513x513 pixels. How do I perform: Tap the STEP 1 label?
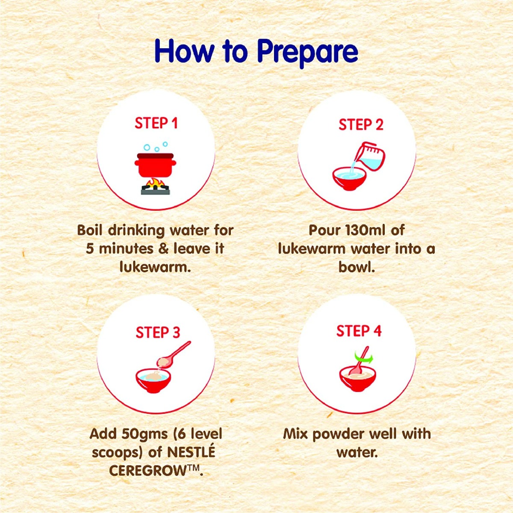click(156, 123)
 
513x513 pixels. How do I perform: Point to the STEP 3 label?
click(158, 332)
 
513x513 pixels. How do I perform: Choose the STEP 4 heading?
click(359, 331)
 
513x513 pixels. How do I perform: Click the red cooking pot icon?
click(156, 165)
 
